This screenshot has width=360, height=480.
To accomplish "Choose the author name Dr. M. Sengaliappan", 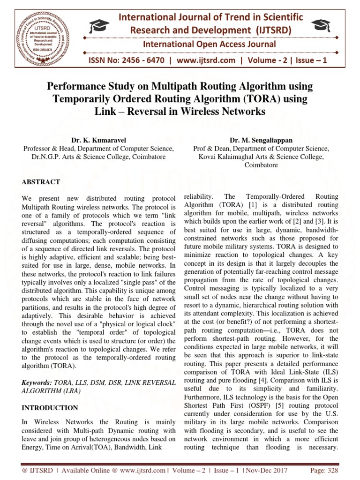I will (x=261, y=140).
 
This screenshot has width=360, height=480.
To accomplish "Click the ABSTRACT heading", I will (x=41, y=181).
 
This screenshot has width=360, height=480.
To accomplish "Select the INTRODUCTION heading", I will (x=50, y=408).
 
